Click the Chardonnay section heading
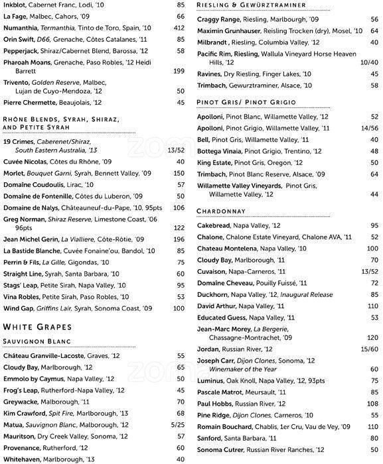[x=224, y=211]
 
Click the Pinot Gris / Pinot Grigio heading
[x=246, y=102]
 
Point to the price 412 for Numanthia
[x=178, y=28]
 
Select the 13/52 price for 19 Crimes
[x=175, y=150]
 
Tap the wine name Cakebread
[x=216, y=225]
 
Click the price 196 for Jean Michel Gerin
[x=178, y=239]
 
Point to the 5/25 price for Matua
[x=177, y=424]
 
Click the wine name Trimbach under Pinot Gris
[x=212, y=174]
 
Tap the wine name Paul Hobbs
[x=215, y=403]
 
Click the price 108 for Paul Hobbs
[x=372, y=403]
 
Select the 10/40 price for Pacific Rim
[x=368, y=62]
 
